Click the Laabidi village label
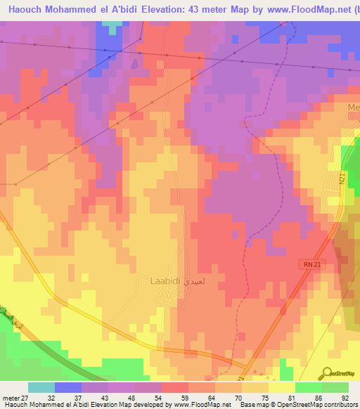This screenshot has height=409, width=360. point(165,280)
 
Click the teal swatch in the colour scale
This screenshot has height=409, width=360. point(41,387)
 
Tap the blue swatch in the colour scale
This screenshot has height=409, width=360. point(67,387)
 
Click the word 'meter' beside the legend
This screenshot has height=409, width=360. point(11,398)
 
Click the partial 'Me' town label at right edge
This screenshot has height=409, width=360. point(353,107)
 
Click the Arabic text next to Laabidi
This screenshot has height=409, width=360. point(193,280)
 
